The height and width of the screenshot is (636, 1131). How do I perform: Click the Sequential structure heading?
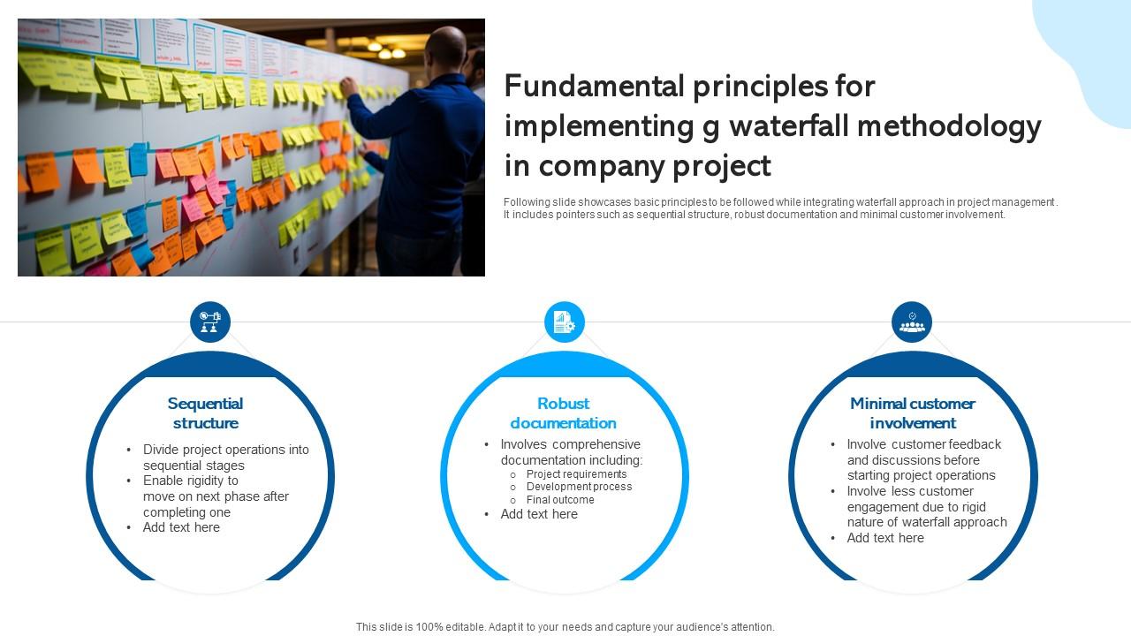[x=205, y=413]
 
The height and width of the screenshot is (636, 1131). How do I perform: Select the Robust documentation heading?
[x=563, y=413]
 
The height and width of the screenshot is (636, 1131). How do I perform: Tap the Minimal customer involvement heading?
[x=912, y=413]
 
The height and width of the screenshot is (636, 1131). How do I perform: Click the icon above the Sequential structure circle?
[x=210, y=322]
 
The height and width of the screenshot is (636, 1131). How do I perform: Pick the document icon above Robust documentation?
[x=564, y=322]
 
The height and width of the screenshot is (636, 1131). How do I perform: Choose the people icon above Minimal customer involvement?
[x=912, y=322]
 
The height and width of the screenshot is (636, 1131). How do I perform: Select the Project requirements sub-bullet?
[x=576, y=474]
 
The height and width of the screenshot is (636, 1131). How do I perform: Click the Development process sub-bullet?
[x=579, y=487]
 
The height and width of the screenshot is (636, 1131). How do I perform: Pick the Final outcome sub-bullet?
[x=560, y=500]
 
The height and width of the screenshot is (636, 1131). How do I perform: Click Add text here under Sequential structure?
[x=181, y=527]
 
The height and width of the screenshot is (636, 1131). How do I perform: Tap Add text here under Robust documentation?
[x=539, y=514]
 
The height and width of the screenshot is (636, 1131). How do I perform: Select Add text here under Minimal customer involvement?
[x=885, y=538]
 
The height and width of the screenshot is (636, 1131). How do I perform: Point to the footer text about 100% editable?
[x=565, y=627]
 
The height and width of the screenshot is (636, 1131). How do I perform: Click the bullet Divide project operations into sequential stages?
[x=226, y=458]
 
